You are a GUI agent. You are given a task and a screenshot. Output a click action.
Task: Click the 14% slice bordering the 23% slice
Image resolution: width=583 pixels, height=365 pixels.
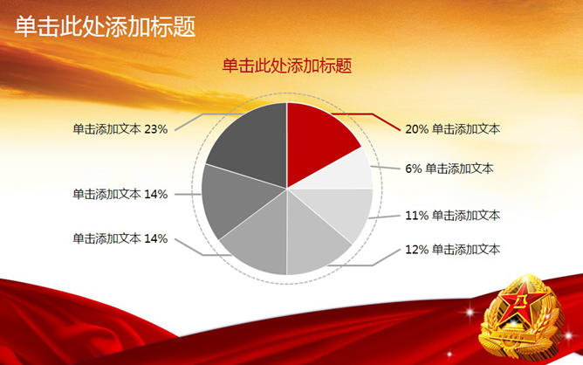tap(238, 197)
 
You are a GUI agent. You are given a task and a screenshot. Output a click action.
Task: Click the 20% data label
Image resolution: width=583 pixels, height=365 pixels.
tap(452, 129)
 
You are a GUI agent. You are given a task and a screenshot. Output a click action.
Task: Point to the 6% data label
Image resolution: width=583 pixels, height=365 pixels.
tap(449, 169)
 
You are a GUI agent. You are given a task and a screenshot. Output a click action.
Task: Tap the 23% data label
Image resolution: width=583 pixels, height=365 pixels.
tap(120, 129)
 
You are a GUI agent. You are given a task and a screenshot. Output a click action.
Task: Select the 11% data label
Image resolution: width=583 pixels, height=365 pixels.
tap(452, 216)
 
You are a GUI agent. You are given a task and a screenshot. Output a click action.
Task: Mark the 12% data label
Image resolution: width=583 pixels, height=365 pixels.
tap(452, 249)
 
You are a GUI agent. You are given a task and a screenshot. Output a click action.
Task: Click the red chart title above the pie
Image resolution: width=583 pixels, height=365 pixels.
tap(287, 65)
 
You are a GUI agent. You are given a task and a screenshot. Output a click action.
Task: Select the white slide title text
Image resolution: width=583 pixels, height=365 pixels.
tap(106, 26)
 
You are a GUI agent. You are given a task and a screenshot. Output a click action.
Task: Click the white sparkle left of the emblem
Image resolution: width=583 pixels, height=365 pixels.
tap(470, 312)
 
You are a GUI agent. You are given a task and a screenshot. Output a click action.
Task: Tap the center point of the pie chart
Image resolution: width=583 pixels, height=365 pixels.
tap(287, 189)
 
